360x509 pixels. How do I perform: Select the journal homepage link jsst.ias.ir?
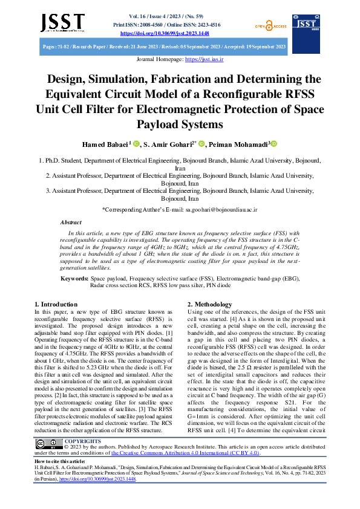pyautogui.click(x=204, y=60)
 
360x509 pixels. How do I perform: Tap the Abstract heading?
pyautogui.click(x=71, y=222)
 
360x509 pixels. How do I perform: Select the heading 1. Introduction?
pyautogui.click(x=56, y=304)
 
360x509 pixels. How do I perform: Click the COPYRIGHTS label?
pyautogui.click(x=82, y=458)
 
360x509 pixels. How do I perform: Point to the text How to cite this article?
pyautogui.click(x=59, y=478)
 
